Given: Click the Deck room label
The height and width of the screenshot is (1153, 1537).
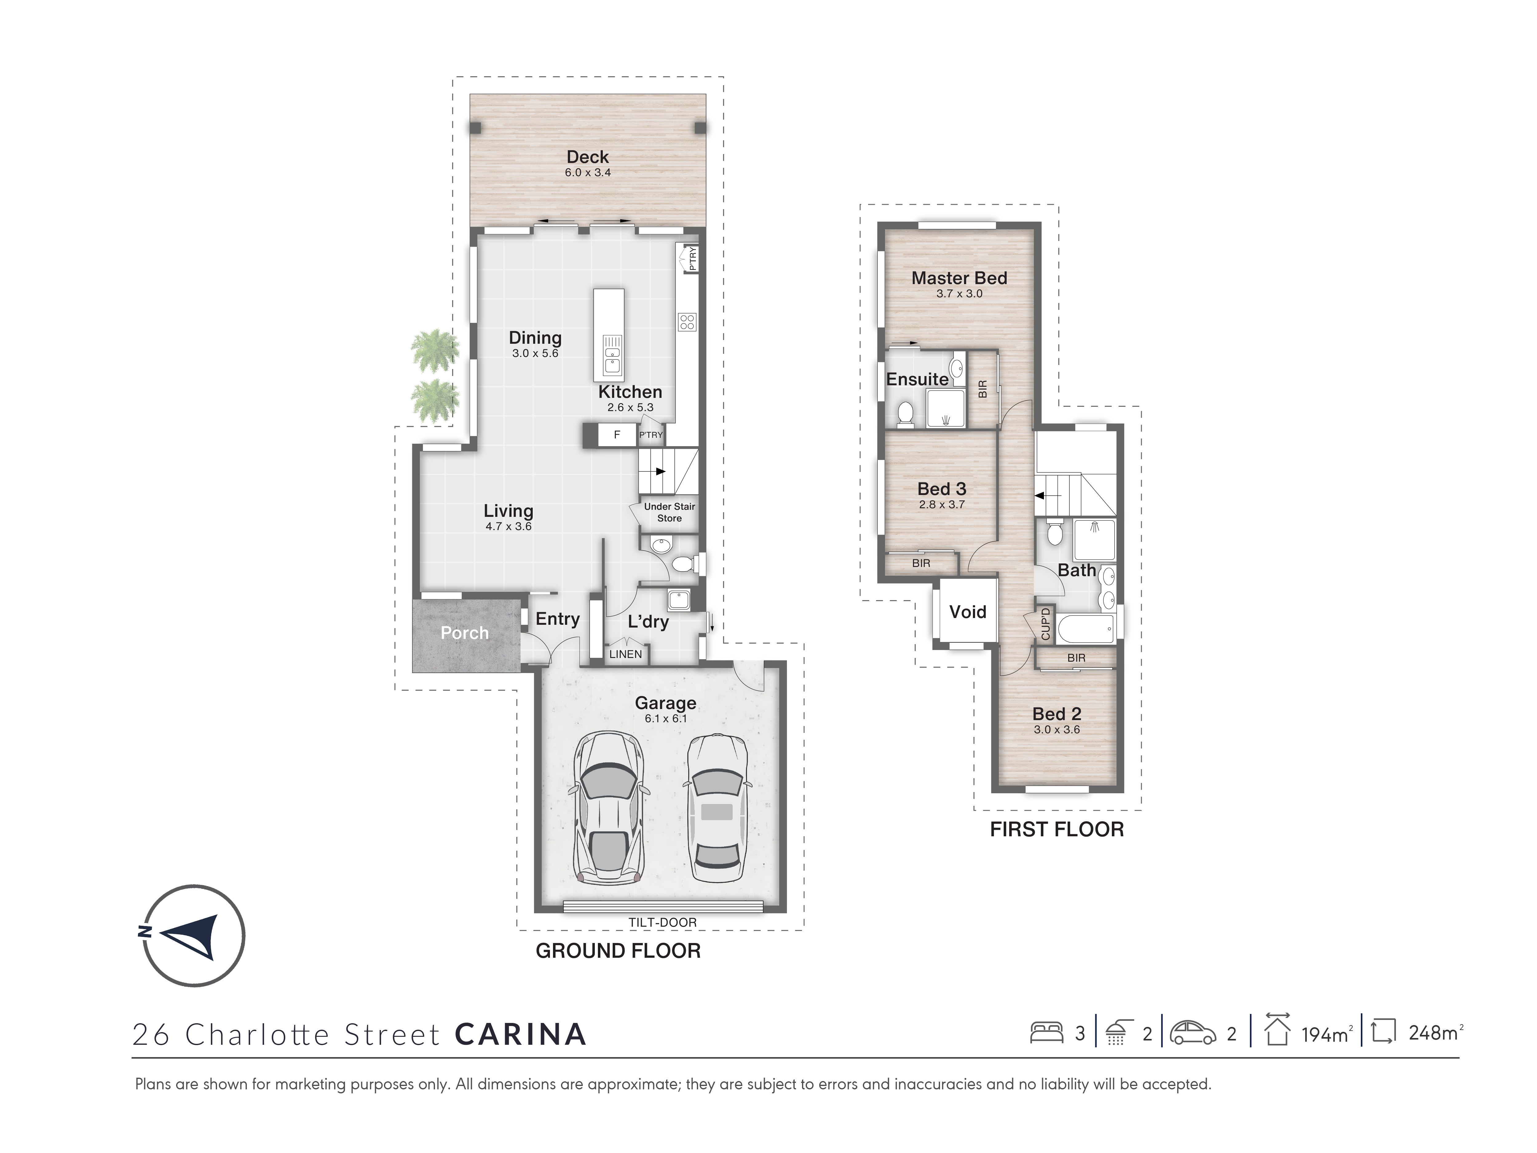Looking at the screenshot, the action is point(587,157).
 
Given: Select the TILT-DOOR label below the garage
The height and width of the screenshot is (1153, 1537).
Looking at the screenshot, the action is point(662,922).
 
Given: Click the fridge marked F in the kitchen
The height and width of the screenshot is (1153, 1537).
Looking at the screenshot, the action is point(617,434).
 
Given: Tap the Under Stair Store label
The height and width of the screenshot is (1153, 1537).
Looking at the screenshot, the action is point(669,512).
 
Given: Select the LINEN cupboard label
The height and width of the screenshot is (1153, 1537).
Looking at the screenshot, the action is point(625,654).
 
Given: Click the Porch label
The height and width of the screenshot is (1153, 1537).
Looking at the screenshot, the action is point(464,633).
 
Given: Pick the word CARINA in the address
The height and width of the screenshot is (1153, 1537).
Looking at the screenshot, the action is point(520,1034).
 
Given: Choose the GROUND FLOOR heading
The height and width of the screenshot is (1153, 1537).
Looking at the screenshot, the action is point(618,951).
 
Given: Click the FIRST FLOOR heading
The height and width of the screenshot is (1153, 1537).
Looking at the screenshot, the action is point(1056,829).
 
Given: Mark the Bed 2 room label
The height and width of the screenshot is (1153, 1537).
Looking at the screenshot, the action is point(1056,714).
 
